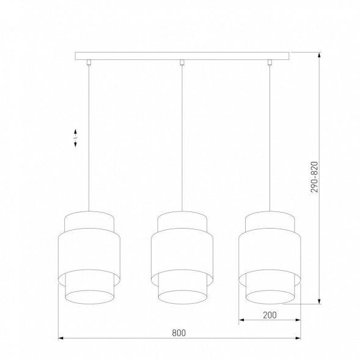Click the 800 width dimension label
178,332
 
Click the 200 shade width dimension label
270,315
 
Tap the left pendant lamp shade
89,257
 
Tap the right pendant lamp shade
270,257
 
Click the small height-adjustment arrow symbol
75,138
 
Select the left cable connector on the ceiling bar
89,62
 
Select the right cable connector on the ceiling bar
270,62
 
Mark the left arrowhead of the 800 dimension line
60,337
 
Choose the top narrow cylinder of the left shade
89,219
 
